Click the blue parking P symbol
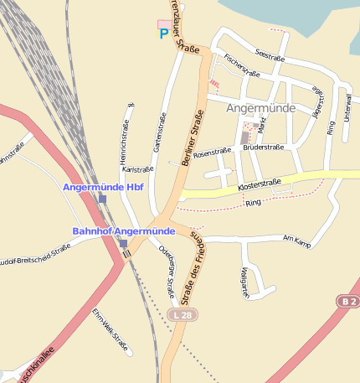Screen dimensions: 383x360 [164, 34]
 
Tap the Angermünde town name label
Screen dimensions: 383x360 [260, 109]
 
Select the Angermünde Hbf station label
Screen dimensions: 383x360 [104, 187]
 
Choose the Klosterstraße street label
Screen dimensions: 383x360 [259, 183]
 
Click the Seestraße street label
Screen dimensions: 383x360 [270, 57]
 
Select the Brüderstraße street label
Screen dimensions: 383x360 [263, 147]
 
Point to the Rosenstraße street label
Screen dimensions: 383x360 [212, 153]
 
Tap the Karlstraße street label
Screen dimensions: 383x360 [137, 169]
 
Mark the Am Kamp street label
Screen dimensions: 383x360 [297, 241]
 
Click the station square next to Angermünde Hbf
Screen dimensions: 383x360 [102, 199]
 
